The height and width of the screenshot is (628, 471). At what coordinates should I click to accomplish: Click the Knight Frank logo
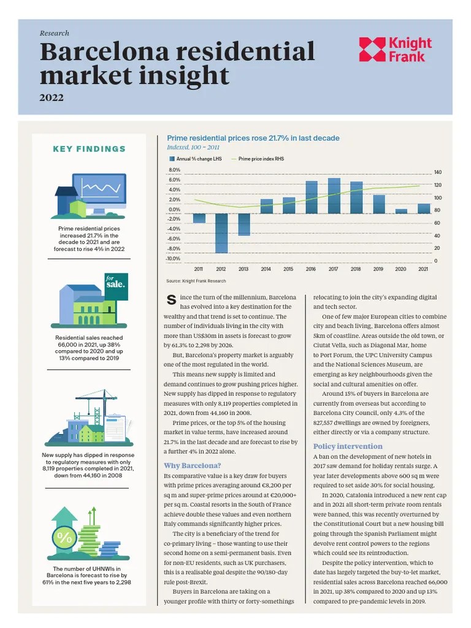(396, 50)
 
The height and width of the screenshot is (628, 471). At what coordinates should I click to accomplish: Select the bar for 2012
(221, 233)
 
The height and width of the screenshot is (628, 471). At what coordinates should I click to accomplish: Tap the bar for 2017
(334, 196)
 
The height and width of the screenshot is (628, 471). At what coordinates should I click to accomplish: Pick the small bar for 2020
(401, 211)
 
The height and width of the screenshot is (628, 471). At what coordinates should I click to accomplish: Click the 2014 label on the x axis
(266, 269)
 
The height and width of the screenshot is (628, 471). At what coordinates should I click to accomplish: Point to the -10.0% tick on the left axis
(174, 258)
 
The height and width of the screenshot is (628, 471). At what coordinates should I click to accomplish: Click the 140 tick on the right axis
(438, 172)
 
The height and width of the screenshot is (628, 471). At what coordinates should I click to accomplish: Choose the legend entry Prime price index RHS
(258, 159)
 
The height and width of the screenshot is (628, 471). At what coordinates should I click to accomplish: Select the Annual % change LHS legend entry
(196, 159)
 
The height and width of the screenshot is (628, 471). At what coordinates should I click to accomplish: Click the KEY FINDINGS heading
(90, 149)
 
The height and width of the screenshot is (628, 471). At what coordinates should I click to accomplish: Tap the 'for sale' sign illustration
(116, 286)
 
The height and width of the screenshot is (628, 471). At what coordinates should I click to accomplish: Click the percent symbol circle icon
(64, 537)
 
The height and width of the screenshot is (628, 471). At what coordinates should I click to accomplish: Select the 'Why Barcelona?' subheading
(192, 465)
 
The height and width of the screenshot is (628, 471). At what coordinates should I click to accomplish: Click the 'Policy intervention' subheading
(348, 446)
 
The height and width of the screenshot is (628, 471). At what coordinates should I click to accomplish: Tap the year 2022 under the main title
(52, 98)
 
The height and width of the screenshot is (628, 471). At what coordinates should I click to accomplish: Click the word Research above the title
(54, 33)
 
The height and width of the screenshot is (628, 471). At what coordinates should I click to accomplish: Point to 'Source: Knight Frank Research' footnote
(196, 281)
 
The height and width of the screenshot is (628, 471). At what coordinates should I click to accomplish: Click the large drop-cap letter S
(171, 299)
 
